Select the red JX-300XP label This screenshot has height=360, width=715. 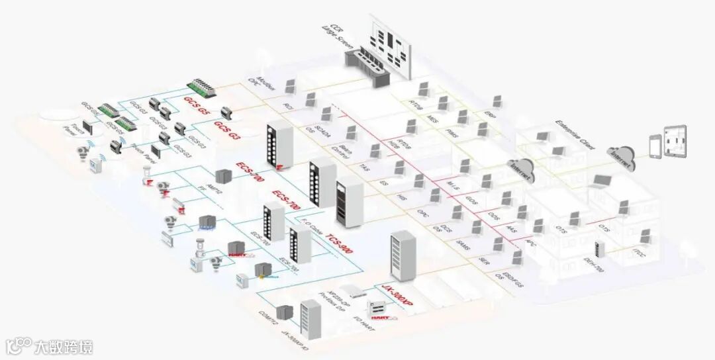pyautogui.click(x=398, y=294)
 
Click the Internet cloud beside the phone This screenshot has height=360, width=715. pyautogui.click(x=621, y=158)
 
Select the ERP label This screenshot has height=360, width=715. pyautogui.click(x=489, y=116)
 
